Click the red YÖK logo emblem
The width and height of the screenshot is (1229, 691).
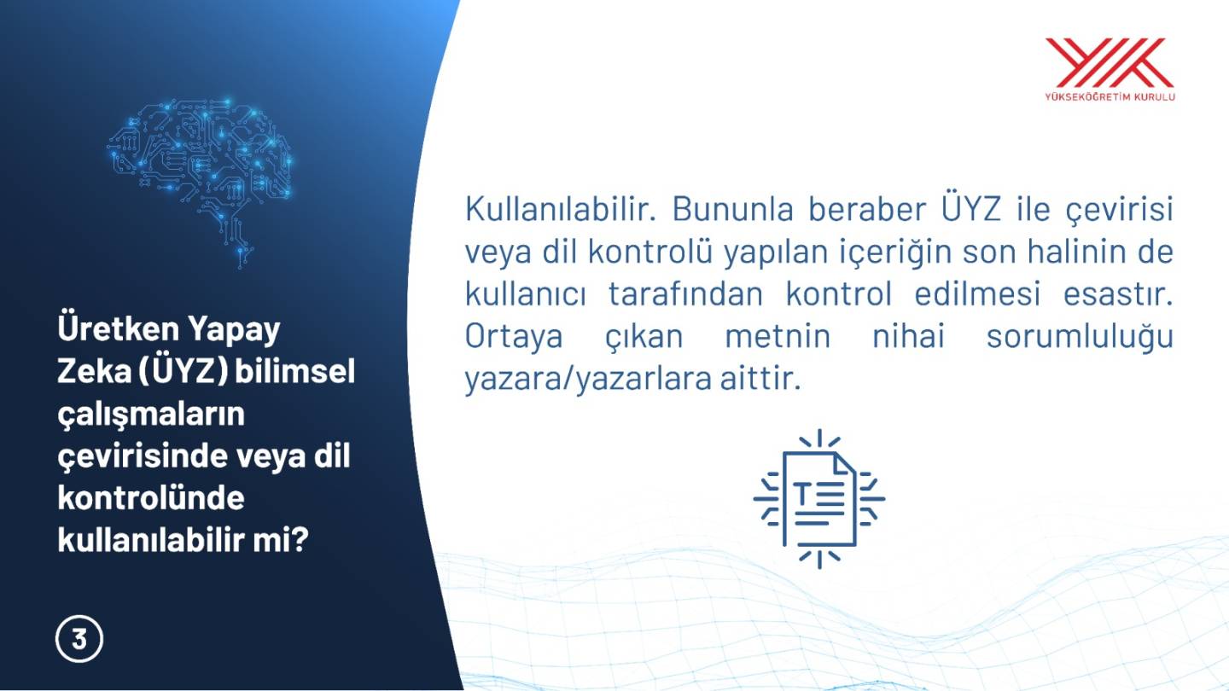pos(1110,62)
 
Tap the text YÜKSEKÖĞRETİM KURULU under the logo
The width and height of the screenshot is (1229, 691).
pos(1110,97)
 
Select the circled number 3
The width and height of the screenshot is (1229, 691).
pos(79,640)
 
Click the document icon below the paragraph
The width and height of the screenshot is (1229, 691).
pos(819,499)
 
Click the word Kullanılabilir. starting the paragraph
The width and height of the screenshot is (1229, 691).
pos(561,209)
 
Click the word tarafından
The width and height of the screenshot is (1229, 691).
pos(686,294)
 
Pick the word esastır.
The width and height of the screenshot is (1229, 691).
pos(1118,294)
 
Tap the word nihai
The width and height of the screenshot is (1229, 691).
pos(909,336)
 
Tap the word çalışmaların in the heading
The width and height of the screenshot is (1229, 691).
pos(151,415)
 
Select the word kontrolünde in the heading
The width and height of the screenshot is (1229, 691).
pos(151,497)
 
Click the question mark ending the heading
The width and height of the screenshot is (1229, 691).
pos(300,540)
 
